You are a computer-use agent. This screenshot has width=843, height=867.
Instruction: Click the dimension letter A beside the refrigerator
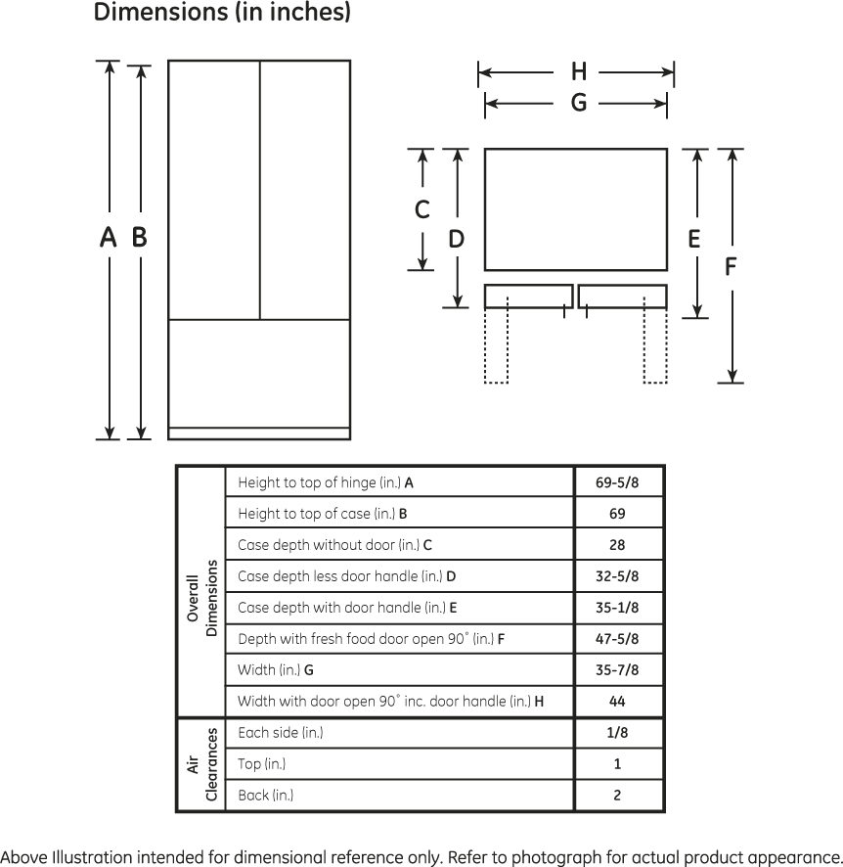[x=109, y=237]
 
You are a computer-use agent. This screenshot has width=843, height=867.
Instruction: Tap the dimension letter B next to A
[x=139, y=237]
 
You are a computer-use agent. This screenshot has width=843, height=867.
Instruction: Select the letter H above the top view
[x=578, y=71]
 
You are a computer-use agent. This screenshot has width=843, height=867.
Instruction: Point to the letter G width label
[x=578, y=103]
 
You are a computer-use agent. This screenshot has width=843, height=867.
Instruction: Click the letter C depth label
[x=422, y=209]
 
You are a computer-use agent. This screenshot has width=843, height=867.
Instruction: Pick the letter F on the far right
[x=731, y=266]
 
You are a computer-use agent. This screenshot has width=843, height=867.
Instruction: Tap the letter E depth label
[x=693, y=239]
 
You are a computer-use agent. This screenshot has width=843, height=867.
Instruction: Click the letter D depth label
[x=457, y=239]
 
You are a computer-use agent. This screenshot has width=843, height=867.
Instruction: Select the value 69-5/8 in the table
[x=617, y=482]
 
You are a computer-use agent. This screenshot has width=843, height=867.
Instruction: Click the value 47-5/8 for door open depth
[x=617, y=639]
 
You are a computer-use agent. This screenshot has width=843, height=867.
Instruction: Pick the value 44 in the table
[x=617, y=702]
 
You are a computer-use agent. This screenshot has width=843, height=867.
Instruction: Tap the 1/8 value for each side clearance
[x=617, y=733]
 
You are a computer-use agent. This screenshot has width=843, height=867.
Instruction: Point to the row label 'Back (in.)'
[x=266, y=796]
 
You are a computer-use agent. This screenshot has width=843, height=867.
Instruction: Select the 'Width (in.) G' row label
[x=276, y=670]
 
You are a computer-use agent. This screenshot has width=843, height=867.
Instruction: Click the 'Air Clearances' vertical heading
[x=201, y=764]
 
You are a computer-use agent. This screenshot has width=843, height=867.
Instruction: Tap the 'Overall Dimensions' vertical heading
[x=201, y=598]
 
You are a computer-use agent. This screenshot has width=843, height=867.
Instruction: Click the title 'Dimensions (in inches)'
[x=222, y=12]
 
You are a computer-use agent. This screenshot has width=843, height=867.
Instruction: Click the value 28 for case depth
[x=617, y=545]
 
